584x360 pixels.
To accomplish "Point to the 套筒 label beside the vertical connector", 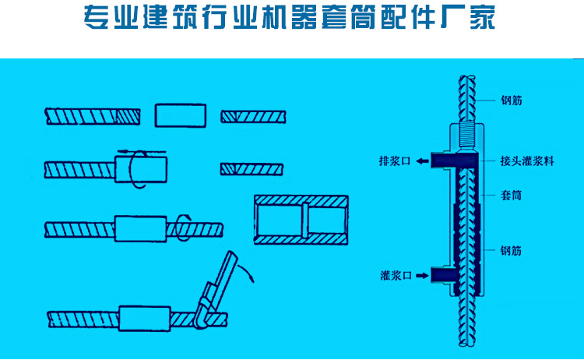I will tap(512, 195).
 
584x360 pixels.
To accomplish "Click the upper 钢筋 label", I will tap(512, 100).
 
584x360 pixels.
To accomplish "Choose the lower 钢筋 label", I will tap(512, 251).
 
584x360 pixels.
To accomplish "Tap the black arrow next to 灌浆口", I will tap(420, 274).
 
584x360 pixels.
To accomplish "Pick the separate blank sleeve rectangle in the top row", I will tap(181, 115).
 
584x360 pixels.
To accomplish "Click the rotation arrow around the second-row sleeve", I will tap(136, 168).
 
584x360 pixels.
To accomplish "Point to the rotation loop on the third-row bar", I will tap(182, 227).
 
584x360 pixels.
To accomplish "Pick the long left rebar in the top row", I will tap(94, 115).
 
